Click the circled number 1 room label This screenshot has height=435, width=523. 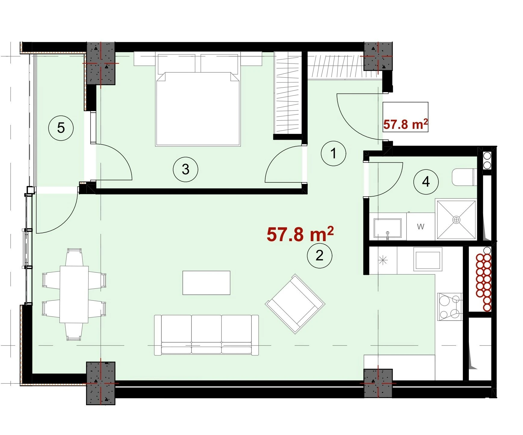[x=333, y=154]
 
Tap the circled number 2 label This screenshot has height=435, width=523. [x=319, y=256]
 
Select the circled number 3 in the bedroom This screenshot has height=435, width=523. [x=185, y=169]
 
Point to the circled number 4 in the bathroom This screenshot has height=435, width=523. [x=426, y=182]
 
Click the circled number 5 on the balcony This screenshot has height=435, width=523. [x=61, y=128]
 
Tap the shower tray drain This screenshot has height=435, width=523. [x=456, y=220]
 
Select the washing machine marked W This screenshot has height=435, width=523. [x=421, y=226]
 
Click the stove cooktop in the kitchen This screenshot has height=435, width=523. [x=450, y=306]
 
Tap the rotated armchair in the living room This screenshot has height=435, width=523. [x=295, y=303]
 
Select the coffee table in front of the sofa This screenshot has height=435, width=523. [x=206, y=283]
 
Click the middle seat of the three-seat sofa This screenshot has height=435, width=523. [x=206, y=334]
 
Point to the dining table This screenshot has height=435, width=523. [x=74, y=294]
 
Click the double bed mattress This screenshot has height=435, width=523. [x=198, y=109]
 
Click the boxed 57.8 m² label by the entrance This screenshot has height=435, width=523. [x=405, y=117]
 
